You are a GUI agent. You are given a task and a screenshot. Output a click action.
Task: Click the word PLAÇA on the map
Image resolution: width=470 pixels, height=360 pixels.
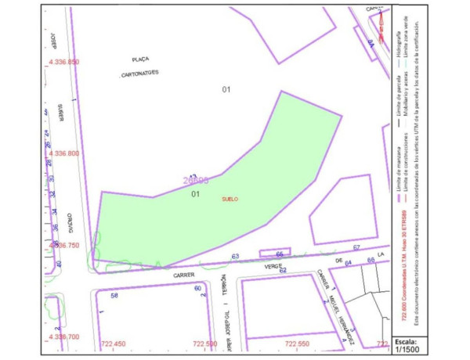point(141,59)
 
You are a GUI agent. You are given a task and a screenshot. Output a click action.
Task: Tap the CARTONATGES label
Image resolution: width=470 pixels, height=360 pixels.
point(141,74)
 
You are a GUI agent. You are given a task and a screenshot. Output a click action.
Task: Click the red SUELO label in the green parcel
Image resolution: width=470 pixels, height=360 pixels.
point(230,199)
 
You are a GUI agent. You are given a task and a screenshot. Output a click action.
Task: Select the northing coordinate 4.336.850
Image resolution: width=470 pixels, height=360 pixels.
point(64,62)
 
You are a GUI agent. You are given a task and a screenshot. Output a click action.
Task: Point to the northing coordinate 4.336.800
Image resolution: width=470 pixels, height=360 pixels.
point(64,153)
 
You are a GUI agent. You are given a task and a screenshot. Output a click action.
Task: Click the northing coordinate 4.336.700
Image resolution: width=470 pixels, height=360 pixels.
point(64,337)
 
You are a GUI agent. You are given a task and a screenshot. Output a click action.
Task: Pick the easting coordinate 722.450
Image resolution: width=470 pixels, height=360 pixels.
point(114,344)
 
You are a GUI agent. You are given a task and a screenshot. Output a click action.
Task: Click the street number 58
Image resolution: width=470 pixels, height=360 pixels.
point(114,296)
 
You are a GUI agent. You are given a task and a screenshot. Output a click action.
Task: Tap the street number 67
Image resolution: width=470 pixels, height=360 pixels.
point(356,247)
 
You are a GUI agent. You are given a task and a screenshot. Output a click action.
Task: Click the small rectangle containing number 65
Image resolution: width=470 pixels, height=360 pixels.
point(279,254)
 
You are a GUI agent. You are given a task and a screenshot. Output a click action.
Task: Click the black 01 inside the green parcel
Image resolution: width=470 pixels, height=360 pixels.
point(197,194)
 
